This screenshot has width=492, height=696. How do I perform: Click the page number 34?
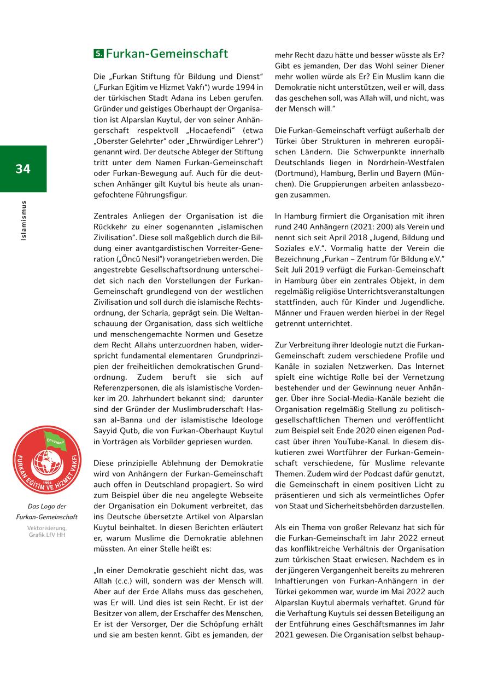pos(23,169)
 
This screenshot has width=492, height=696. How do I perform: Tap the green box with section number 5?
pos(98,54)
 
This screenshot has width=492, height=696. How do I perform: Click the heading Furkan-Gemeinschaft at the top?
pos(167,54)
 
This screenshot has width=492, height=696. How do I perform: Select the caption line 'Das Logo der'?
pos(46,506)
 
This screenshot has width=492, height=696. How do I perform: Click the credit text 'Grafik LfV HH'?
pos(47,535)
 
